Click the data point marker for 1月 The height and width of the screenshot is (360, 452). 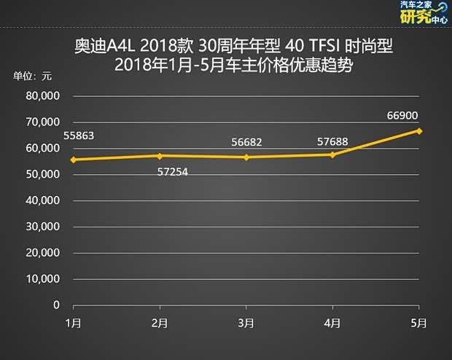pyautogui.click(x=73, y=160)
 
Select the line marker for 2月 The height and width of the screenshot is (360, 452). pyautogui.click(x=160, y=156)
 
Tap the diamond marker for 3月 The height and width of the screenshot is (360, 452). pyautogui.click(x=246, y=157)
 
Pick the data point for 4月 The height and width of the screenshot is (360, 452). pyautogui.click(x=333, y=154)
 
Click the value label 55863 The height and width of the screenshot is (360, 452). pyautogui.click(x=79, y=136)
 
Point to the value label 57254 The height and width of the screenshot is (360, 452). pyautogui.click(x=174, y=172)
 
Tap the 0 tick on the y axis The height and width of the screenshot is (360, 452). pyautogui.click(x=56, y=305)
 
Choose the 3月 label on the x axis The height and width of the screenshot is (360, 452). pyautogui.click(x=246, y=322)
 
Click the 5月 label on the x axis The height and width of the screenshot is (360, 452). pyautogui.click(x=419, y=322)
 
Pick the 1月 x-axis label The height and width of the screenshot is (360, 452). pyautogui.click(x=73, y=322)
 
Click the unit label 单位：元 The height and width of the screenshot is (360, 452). pyautogui.click(x=33, y=77)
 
